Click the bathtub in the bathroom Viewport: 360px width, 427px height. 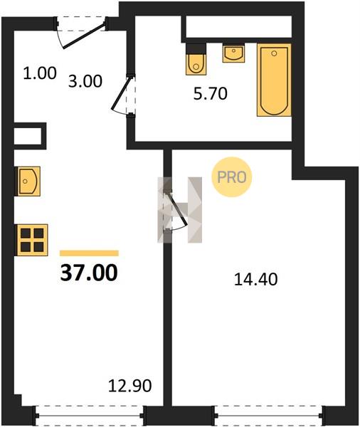click(274, 80)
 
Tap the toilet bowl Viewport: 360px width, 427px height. click(196, 64)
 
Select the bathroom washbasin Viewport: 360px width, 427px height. click(233, 53)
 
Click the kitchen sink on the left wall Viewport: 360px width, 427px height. click(29, 181)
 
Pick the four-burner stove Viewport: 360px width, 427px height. click(32, 240)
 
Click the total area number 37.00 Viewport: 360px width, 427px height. click(89, 273)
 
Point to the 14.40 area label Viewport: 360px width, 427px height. click(255, 280)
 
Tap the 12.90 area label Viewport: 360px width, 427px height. click(129, 386)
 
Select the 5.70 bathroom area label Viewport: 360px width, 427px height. click(210, 94)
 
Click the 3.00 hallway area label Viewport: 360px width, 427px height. click(85, 81)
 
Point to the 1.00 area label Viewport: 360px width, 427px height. click(40, 73)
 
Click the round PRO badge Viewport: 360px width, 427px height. click(232, 177)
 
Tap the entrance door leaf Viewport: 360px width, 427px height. click(84, 36)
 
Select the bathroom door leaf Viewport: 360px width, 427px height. click(122, 93)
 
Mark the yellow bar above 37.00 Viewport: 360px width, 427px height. click(90, 253)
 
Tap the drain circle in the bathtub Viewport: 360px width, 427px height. click(274, 53)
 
